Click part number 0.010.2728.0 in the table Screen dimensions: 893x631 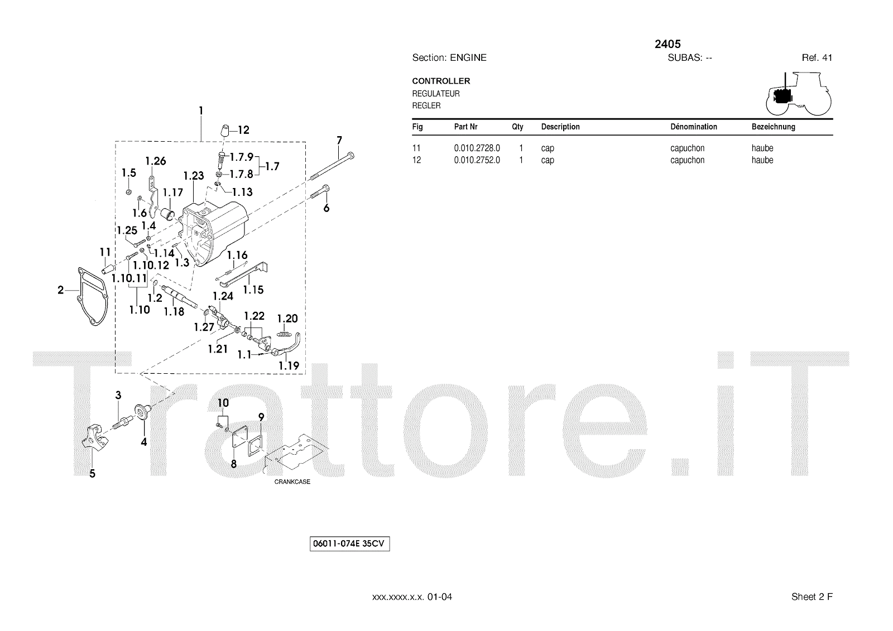(477, 148)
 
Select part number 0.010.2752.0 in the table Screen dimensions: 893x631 (477, 160)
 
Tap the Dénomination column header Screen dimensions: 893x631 (693, 127)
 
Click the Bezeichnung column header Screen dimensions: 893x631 (773, 127)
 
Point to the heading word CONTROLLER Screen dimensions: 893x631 (441, 81)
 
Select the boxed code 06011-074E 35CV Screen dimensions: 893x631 (349, 544)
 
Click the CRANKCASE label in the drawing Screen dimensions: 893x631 (292, 482)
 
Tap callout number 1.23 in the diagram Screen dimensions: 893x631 (194, 176)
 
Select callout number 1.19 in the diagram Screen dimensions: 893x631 (289, 366)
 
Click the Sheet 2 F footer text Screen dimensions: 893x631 (812, 597)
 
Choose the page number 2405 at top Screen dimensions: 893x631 (668, 44)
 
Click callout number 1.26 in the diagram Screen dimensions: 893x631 (156, 162)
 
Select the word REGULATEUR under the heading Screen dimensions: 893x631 (436, 94)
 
